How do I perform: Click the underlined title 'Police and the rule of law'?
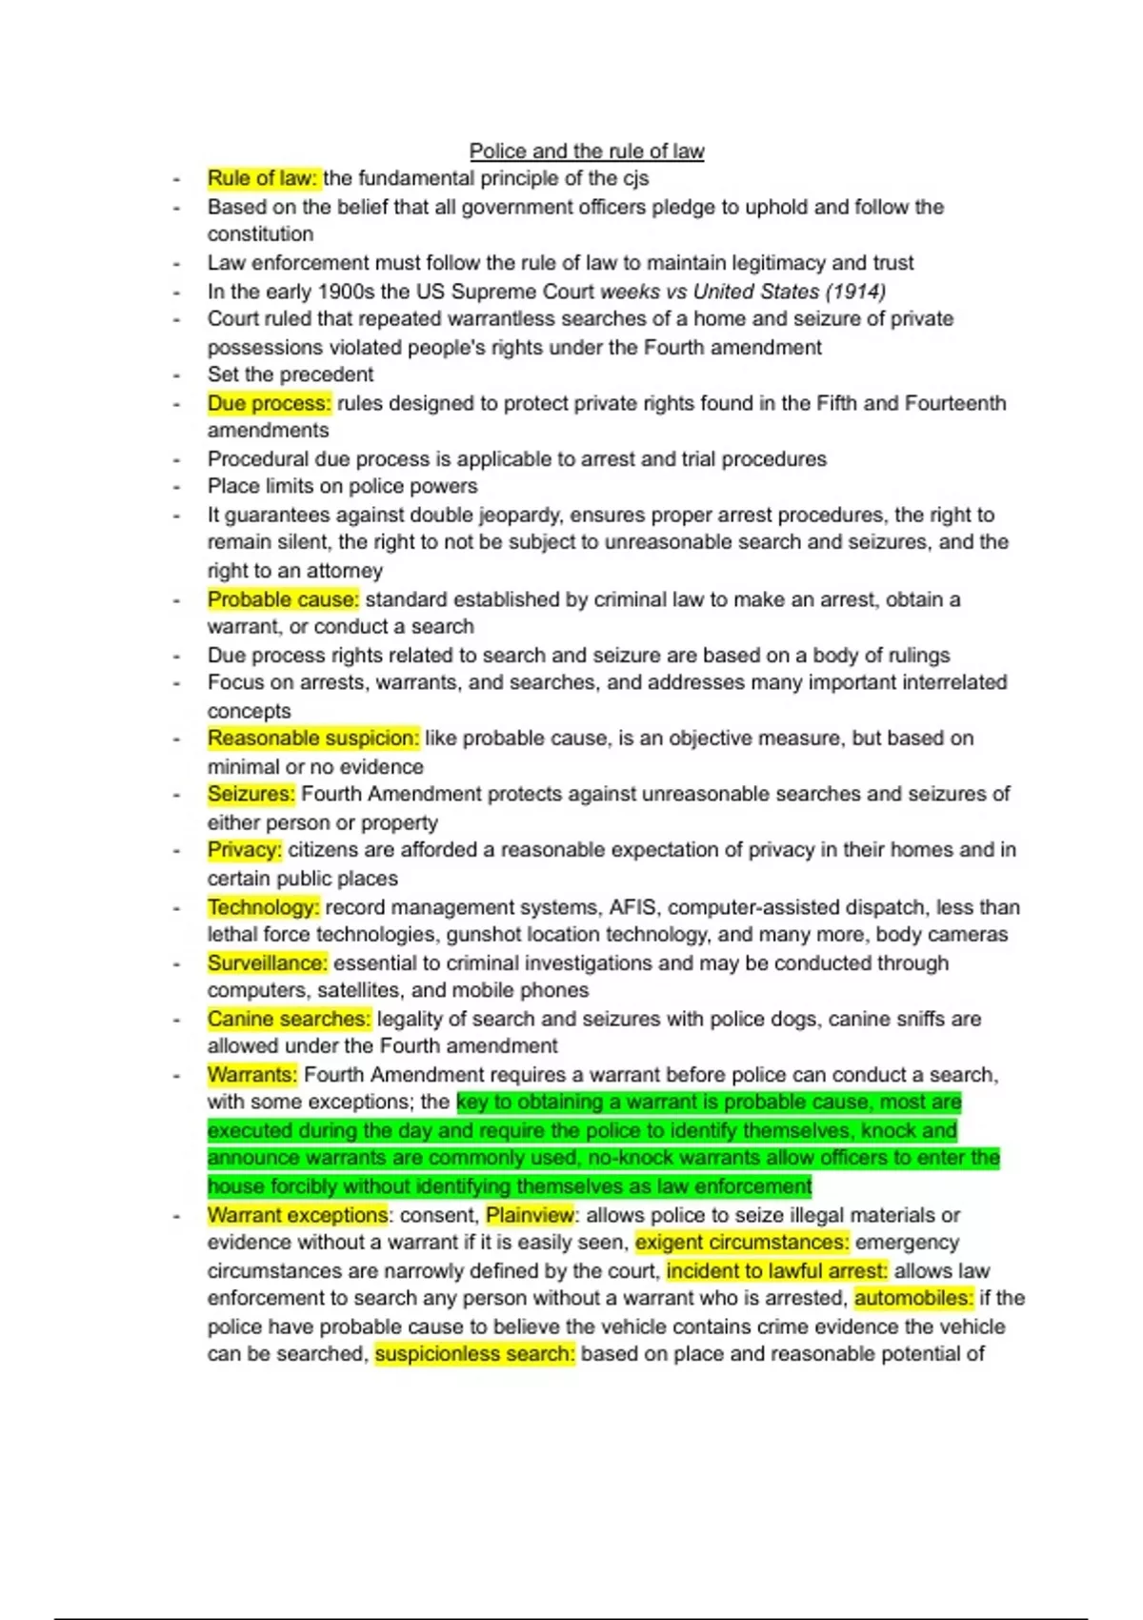(x=587, y=152)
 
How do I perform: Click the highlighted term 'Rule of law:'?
(x=263, y=178)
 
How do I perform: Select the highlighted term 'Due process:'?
(x=270, y=403)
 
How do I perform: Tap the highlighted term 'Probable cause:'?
(x=283, y=599)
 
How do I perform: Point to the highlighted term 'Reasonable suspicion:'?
(x=313, y=739)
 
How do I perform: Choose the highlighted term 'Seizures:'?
(x=251, y=794)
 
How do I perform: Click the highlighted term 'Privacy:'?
(x=245, y=850)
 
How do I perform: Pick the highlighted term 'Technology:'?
(x=264, y=907)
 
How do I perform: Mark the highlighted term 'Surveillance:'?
(x=268, y=963)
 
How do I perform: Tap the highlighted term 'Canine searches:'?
(x=289, y=1019)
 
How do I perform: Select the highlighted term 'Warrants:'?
(x=252, y=1075)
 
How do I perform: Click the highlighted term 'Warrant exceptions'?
(x=297, y=1215)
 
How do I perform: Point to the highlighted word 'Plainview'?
(x=530, y=1215)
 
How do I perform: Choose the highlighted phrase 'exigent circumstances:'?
(x=742, y=1243)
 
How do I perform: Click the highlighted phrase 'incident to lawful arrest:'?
(x=776, y=1271)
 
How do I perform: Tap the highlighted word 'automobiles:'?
(x=913, y=1298)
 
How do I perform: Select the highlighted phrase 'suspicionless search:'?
(x=474, y=1354)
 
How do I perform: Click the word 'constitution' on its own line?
(x=260, y=234)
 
